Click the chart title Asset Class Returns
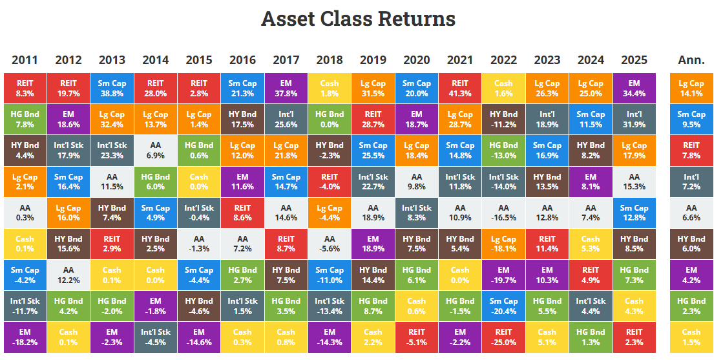(358, 19)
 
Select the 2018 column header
(330, 60)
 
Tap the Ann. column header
(691, 60)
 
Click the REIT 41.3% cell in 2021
(460, 89)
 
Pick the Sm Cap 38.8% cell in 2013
(112, 89)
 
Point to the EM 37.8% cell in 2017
(286, 89)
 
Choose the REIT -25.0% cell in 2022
(503, 337)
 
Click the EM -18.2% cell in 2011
(25, 337)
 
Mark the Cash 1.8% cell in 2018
(330, 89)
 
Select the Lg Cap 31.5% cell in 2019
(373, 89)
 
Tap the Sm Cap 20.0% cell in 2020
(417, 89)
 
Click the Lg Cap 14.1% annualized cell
(691, 89)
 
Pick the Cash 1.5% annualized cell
(691, 337)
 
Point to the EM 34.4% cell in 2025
(634, 89)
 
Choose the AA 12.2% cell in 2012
(68, 275)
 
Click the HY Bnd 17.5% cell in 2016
(242, 120)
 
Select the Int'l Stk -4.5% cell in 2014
(155, 337)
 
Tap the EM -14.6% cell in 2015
(199, 337)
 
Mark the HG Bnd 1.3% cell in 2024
(591, 337)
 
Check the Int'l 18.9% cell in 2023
(547, 120)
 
